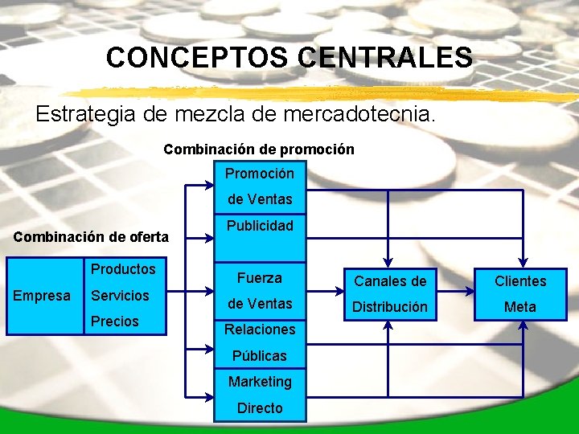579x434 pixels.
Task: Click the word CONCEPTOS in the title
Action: [197, 57]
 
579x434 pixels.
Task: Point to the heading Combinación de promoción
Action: [258, 149]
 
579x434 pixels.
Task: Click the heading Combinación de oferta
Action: [91, 236]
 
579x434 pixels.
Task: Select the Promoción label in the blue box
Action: [259, 174]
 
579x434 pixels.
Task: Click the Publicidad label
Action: [259, 226]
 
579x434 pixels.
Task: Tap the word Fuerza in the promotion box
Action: [259, 278]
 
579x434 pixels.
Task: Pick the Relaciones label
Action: [259, 330]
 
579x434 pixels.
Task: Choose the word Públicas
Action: [259, 355]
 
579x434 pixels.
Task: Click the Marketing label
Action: [259, 382]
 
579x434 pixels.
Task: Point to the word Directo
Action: [259, 408]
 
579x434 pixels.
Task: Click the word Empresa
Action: [42, 296]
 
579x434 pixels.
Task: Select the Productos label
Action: [123, 269]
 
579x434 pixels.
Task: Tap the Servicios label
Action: [120, 296]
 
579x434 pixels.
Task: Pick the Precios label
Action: [114, 321]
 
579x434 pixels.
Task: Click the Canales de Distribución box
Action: [391, 293]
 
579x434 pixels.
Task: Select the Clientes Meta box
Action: [520, 293]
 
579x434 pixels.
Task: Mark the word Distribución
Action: [391, 307]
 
